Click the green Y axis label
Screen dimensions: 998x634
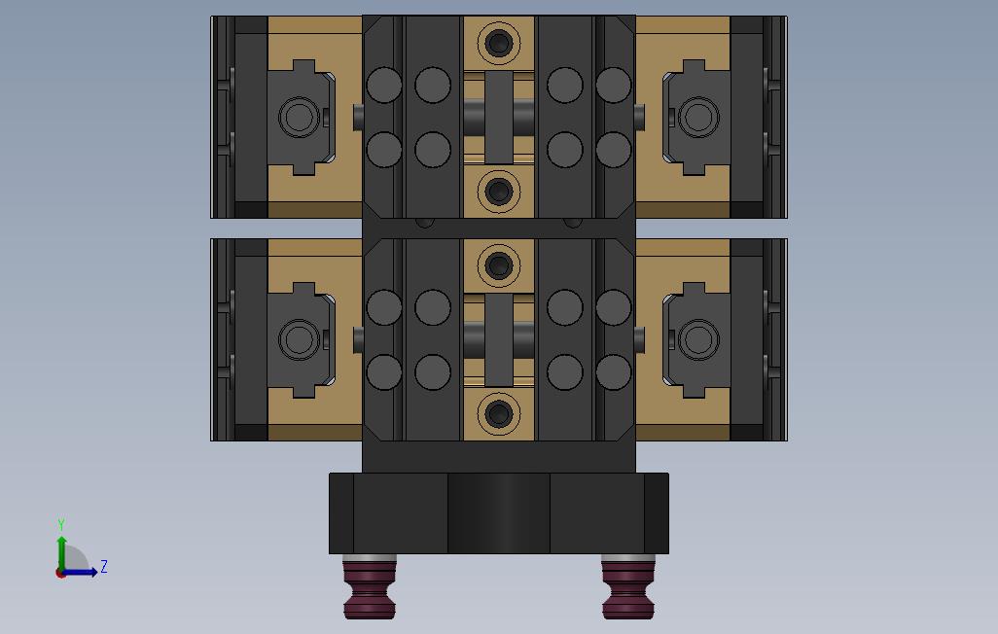tap(61, 524)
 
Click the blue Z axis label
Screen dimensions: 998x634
tap(104, 567)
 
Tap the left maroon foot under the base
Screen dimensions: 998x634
tap(370, 587)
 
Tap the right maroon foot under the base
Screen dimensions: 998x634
tap(627, 587)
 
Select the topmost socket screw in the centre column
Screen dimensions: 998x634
tap(498, 43)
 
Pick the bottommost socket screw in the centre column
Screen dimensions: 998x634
tap(498, 414)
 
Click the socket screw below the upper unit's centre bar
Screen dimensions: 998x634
tap(498, 190)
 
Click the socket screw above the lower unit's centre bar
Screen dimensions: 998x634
tap(498, 264)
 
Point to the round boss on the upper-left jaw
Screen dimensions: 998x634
tap(299, 117)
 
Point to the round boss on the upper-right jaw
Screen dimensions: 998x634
tap(698, 117)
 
